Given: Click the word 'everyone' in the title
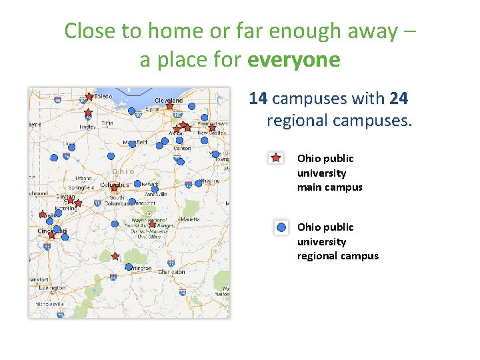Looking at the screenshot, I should click(293, 60).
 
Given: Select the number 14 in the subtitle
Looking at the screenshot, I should click(258, 99).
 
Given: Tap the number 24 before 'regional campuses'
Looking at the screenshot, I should click(398, 99).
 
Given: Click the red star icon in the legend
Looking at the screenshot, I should click(275, 158).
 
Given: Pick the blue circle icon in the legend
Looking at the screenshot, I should click(281, 227).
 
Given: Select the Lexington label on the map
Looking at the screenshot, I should click(52, 288).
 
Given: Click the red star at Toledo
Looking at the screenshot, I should click(89, 96).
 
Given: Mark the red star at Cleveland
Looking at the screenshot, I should click(170, 105).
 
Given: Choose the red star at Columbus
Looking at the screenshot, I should click(114, 188).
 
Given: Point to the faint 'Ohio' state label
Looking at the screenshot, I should click(123, 171).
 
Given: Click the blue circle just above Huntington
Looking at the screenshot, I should click(129, 267).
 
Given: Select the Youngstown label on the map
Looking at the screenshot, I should click(213, 124).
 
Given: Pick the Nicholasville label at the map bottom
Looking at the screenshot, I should click(50, 303).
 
